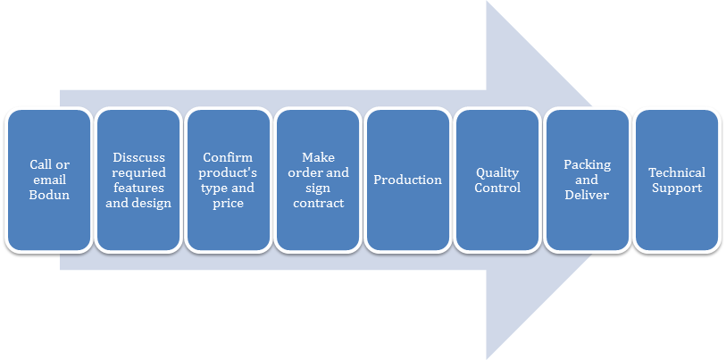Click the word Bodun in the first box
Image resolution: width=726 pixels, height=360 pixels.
[x=49, y=195]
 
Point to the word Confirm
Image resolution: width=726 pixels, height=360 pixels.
[x=228, y=157]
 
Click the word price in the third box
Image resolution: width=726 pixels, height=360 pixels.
[x=228, y=203]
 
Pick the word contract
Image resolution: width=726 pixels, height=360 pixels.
[x=318, y=203]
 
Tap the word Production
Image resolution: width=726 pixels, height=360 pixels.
[x=407, y=180]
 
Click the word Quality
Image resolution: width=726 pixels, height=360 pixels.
[x=497, y=172]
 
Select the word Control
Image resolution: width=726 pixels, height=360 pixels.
[x=497, y=188]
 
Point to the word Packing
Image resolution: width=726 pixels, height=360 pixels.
[x=587, y=164]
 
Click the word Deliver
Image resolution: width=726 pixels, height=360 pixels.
[x=587, y=195]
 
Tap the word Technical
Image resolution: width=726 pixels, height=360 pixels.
[x=677, y=172]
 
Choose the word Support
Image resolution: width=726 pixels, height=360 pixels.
[x=677, y=188]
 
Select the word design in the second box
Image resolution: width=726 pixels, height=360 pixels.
[x=152, y=203]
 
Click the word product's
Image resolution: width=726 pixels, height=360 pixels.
[x=228, y=172]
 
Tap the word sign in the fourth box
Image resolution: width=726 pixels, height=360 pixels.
[x=318, y=188]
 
